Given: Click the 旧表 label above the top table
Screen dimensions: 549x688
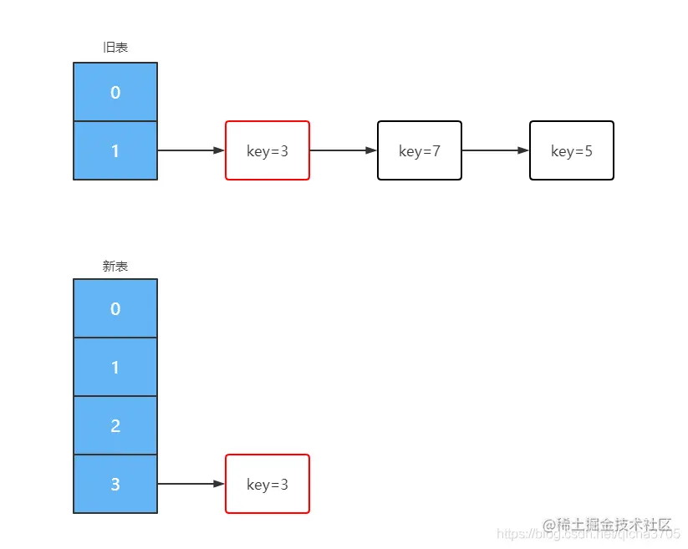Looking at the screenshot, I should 115,48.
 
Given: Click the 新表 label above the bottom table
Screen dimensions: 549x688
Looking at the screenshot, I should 115,267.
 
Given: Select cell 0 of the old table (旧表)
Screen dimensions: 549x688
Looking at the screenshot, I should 115,92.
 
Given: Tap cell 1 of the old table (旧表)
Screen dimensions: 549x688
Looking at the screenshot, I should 115,150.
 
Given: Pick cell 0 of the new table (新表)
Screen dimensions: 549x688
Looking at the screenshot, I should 115,308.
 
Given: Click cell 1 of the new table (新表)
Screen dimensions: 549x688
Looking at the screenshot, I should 115,367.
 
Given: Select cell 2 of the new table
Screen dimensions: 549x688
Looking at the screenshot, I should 115,425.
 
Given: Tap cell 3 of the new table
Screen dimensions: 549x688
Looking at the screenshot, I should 115,484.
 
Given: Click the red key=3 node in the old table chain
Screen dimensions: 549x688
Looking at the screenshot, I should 268,150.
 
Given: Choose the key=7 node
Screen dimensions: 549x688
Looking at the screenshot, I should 420,150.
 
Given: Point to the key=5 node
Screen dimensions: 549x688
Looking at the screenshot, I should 572,150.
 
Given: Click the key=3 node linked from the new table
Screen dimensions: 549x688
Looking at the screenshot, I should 268,484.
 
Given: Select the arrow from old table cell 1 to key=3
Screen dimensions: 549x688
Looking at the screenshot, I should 191,150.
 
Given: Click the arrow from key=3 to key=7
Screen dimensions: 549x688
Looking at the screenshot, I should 343,150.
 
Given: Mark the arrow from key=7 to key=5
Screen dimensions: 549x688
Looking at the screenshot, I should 495,150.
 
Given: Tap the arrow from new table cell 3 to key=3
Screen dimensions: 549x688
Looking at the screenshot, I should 191,484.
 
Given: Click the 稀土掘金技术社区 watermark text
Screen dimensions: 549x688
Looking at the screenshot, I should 608,525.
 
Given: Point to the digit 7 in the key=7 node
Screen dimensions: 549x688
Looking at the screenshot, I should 436,151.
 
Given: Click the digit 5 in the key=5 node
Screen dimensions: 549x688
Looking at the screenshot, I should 589,151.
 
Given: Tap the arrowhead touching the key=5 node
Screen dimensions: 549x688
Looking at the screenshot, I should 523,150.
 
